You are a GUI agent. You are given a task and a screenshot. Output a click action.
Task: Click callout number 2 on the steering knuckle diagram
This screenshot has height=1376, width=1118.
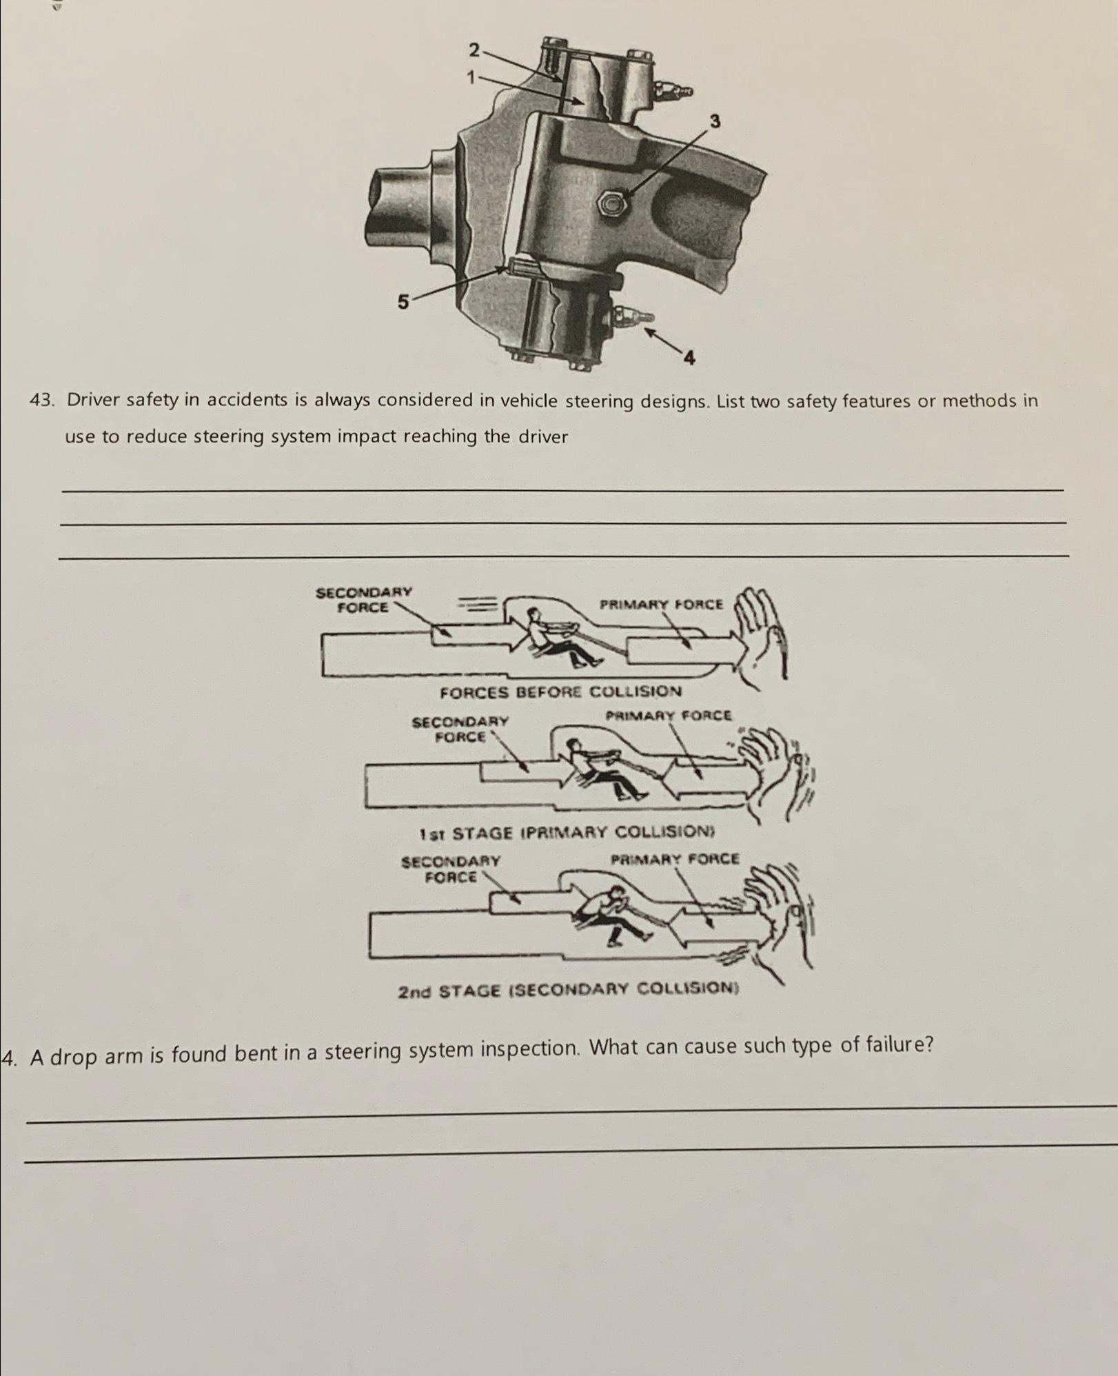pos(474,50)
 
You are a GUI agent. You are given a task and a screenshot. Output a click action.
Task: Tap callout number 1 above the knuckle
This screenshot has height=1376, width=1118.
pos(471,78)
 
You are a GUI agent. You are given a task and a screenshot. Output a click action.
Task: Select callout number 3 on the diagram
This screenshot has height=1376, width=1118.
pos(715,121)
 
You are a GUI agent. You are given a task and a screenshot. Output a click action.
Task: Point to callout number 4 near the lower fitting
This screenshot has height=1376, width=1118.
pos(689,357)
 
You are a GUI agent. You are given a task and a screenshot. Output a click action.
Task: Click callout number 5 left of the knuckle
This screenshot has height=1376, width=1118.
pos(403,301)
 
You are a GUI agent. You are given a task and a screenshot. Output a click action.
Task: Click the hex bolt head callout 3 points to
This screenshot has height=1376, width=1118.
pos(611,203)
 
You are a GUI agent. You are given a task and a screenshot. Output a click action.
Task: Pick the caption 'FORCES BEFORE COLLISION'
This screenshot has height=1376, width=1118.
pos(560,691)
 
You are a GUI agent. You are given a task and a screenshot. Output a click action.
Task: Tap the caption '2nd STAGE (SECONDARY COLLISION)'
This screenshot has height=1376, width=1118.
pos(568,991)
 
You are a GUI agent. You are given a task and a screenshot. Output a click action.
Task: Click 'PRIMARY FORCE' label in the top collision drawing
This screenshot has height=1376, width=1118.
pos(661,605)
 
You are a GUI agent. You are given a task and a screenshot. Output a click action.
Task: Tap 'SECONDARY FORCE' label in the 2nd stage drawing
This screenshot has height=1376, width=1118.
pos(451,869)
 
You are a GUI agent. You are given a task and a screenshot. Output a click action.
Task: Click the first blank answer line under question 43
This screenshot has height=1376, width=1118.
pos(562,489)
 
